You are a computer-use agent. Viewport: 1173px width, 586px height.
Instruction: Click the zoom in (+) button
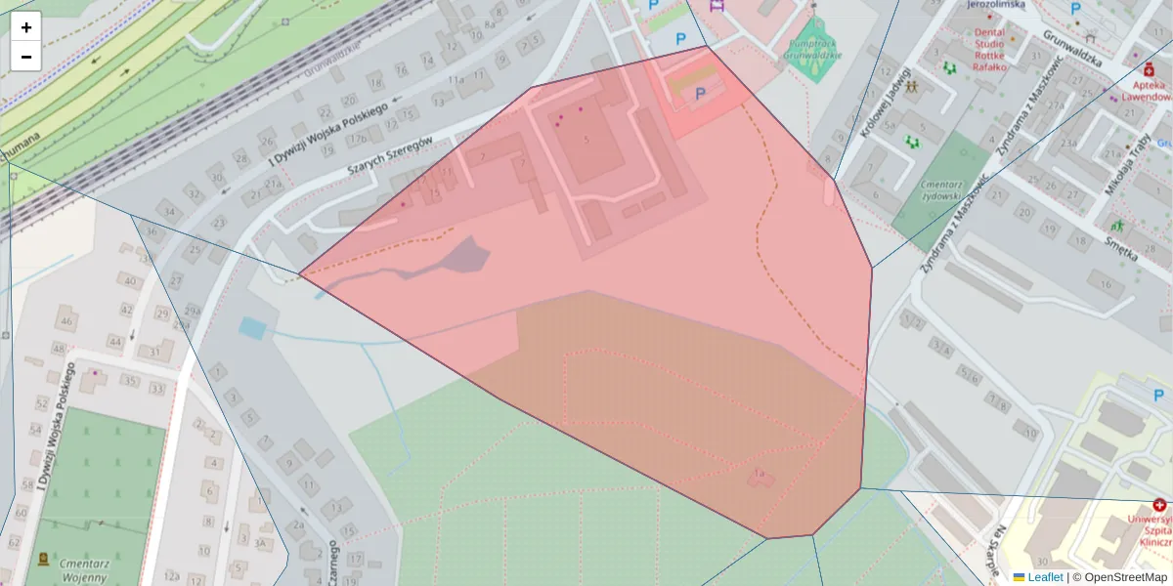[26, 27]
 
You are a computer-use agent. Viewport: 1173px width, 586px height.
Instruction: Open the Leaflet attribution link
[1045, 577]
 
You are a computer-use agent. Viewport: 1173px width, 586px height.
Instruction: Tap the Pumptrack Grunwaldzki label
[812, 50]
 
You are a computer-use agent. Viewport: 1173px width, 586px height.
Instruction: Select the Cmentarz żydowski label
[943, 188]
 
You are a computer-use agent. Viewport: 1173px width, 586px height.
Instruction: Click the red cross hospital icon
[1159, 505]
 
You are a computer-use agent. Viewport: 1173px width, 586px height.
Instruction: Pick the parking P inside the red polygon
[700, 94]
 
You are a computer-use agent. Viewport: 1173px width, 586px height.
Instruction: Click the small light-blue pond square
[252, 328]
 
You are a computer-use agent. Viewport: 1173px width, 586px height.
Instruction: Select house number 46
[65, 320]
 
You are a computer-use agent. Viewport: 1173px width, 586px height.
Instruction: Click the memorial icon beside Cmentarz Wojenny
[43, 560]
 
